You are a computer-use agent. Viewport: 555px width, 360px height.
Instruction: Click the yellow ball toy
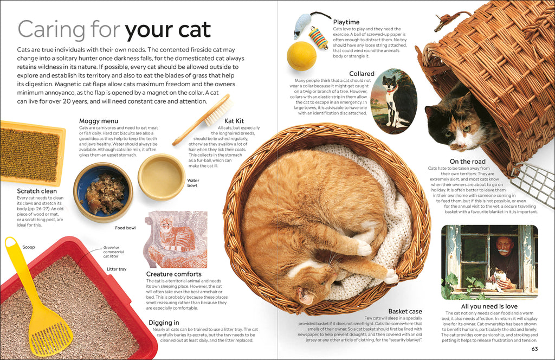301,56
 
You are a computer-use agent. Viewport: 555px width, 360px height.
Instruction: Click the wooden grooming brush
203,119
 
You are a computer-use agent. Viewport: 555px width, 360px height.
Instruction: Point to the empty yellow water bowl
161,177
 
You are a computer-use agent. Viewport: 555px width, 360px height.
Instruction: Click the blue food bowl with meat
103,192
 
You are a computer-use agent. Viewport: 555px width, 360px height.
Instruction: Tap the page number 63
534,349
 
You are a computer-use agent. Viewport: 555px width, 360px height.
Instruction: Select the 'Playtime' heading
346,22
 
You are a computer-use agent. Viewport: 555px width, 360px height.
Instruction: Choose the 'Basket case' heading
405,311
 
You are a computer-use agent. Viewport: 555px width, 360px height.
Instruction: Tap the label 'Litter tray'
116,269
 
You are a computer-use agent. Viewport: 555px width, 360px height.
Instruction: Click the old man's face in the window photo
504,246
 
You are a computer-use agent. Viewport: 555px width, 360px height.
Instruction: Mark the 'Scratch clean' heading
37,191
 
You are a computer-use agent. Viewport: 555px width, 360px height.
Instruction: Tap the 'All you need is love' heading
489,306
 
